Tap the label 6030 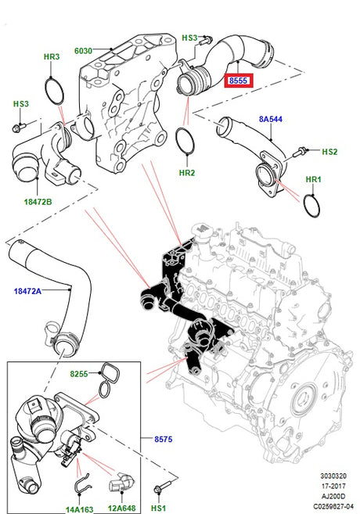[84, 51]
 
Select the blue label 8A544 [272, 120]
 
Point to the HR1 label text [313, 180]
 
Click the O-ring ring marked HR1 [311, 206]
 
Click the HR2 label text [186, 172]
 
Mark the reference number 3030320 [333, 475]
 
